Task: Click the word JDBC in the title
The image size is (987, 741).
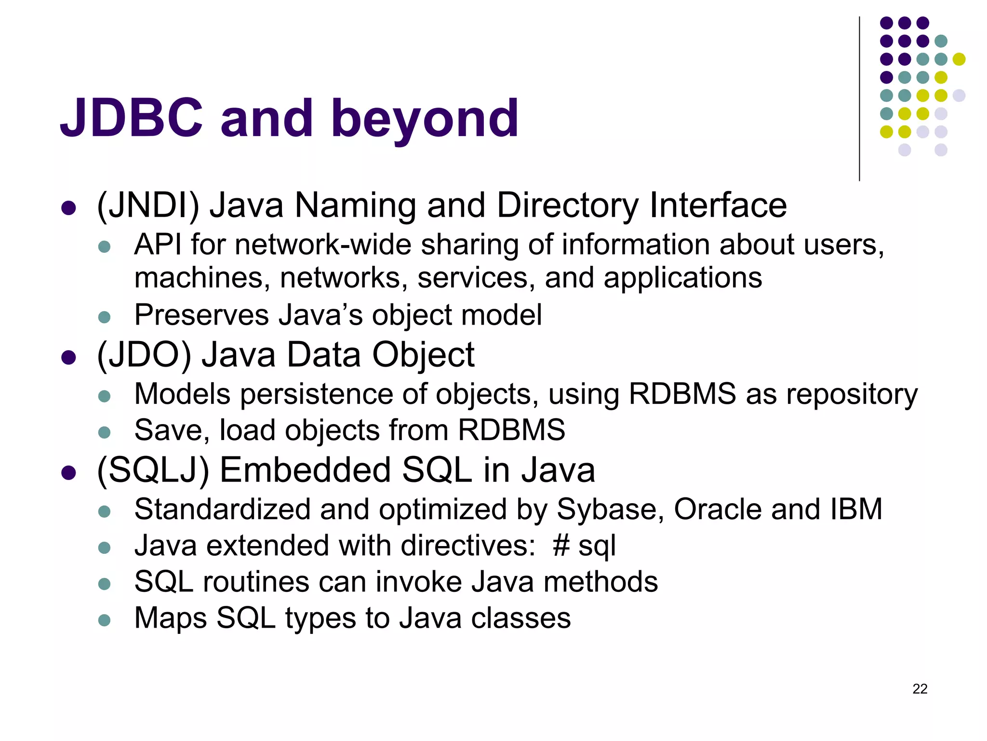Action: point(131,118)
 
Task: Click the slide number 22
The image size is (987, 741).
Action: point(920,689)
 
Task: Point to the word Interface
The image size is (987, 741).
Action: point(718,206)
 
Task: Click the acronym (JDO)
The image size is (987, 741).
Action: point(144,356)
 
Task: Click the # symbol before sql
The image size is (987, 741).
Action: point(561,546)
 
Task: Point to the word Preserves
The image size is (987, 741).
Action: point(201,316)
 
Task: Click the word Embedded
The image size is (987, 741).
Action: point(305,470)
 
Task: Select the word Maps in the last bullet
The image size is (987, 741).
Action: point(171,618)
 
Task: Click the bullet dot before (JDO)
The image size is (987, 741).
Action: point(69,357)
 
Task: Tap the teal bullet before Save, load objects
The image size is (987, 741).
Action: point(104,432)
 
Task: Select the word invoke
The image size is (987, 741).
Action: point(418,582)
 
